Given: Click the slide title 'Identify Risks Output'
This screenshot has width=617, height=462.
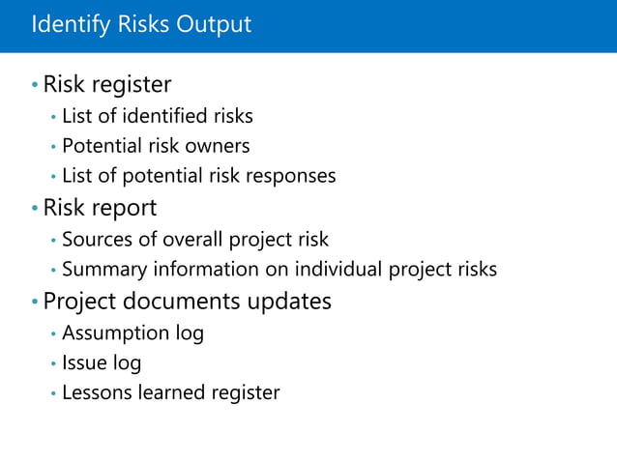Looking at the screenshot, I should pyautogui.click(x=141, y=24).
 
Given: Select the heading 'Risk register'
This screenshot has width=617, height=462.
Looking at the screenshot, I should pyautogui.click(x=107, y=85).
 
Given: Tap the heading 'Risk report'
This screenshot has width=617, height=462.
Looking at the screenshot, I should pyautogui.click(x=100, y=208).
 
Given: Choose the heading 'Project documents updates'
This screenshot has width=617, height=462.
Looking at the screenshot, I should pyautogui.click(x=187, y=301).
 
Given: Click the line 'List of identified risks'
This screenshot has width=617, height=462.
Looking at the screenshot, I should pyautogui.click(x=157, y=117).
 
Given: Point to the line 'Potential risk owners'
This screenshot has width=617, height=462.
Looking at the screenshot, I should pyautogui.click(x=156, y=146).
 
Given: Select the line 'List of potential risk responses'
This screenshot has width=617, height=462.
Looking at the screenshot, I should pyautogui.click(x=198, y=176).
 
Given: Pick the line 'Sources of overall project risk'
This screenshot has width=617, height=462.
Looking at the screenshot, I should pyautogui.click(x=194, y=240).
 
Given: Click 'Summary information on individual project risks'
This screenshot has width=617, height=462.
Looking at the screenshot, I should pyautogui.click(x=279, y=270).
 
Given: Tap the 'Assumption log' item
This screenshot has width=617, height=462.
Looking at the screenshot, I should pyautogui.click(x=132, y=333).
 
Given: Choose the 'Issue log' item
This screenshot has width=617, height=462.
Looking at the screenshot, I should pyautogui.click(x=102, y=363).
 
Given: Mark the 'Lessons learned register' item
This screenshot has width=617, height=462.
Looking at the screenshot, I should pyautogui.click(x=170, y=392).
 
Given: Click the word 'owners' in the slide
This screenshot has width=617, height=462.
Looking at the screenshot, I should pyautogui.click(x=219, y=146).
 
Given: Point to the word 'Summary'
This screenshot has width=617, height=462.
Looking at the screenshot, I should pyautogui.click(x=101, y=270).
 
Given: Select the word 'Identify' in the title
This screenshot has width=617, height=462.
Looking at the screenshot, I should pyautogui.click(x=65, y=24).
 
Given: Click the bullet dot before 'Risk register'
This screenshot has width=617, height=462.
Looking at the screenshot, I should pyautogui.click(x=34, y=86).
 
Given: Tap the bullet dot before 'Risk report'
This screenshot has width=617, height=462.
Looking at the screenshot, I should pyautogui.click(x=34, y=209).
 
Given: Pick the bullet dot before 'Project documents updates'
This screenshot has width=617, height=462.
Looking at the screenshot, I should pyautogui.click(x=34, y=302).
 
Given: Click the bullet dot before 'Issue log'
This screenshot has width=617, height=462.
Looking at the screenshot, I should pyautogui.click(x=53, y=364).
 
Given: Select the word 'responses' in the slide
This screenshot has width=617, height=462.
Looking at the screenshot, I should pyautogui.click(x=292, y=177).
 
